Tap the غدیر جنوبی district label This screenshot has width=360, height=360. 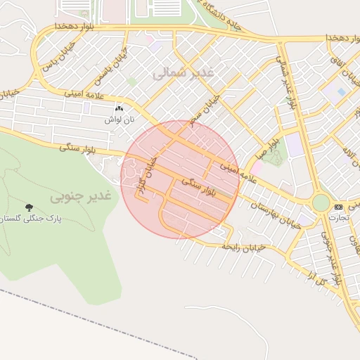(x=81, y=197)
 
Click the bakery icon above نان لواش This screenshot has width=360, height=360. (x=119, y=109)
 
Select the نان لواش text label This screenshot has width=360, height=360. (x=119, y=120)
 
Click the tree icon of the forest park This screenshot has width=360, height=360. (x=29, y=207)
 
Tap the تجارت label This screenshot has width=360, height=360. (x=339, y=218)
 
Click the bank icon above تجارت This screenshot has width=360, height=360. (x=339, y=207)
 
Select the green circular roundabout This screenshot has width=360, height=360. (x=321, y=203)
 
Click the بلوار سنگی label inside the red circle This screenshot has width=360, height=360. (x=200, y=187)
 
